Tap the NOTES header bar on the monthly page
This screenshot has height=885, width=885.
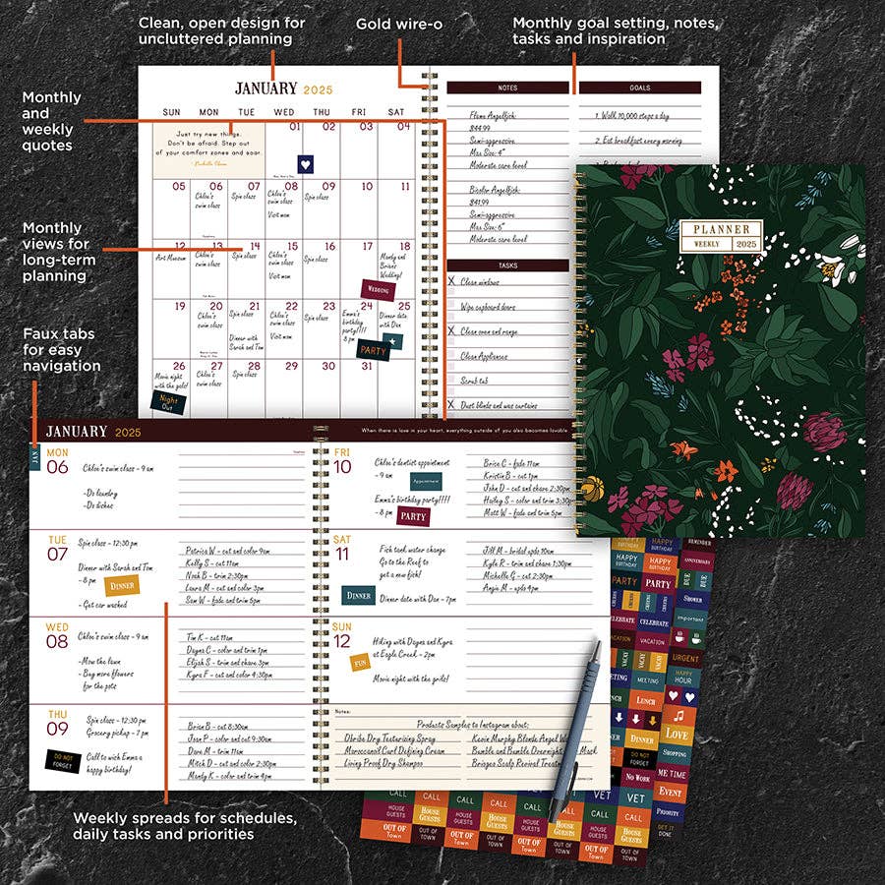(507, 88)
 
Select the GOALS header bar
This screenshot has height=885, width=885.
(639, 88)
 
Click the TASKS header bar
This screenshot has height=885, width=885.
(507, 265)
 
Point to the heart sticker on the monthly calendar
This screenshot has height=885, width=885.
(305, 165)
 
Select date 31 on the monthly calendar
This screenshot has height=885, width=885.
(366, 366)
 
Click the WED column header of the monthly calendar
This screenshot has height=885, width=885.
(284, 112)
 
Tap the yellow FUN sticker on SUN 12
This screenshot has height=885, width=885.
(361, 662)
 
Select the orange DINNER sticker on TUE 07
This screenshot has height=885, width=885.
(123, 585)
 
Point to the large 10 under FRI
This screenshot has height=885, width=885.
(342, 467)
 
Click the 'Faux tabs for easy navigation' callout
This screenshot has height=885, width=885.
(62, 350)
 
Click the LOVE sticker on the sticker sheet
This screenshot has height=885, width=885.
(675, 734)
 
